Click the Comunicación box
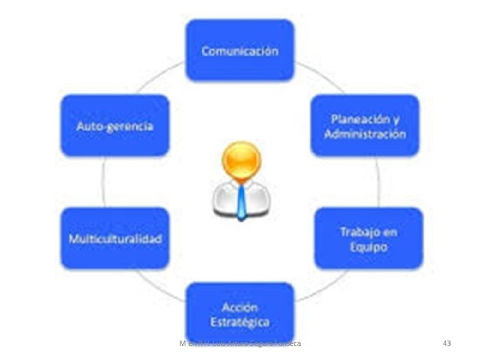(240, 51)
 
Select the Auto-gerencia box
(115, 125)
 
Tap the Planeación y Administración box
(365, 125)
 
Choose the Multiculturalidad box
(115, 239)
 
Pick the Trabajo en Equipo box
(369, 239)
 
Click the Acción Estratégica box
(240, 314)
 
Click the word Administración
(365, 133)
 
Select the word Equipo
(369, 247)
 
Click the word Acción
(240, 307)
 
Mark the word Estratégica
(240, 322)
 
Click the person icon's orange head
(241, 161)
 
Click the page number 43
(447, 343)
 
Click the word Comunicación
(240, 51)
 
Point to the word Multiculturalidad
(115, 239)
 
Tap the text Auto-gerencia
(115, 126)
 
